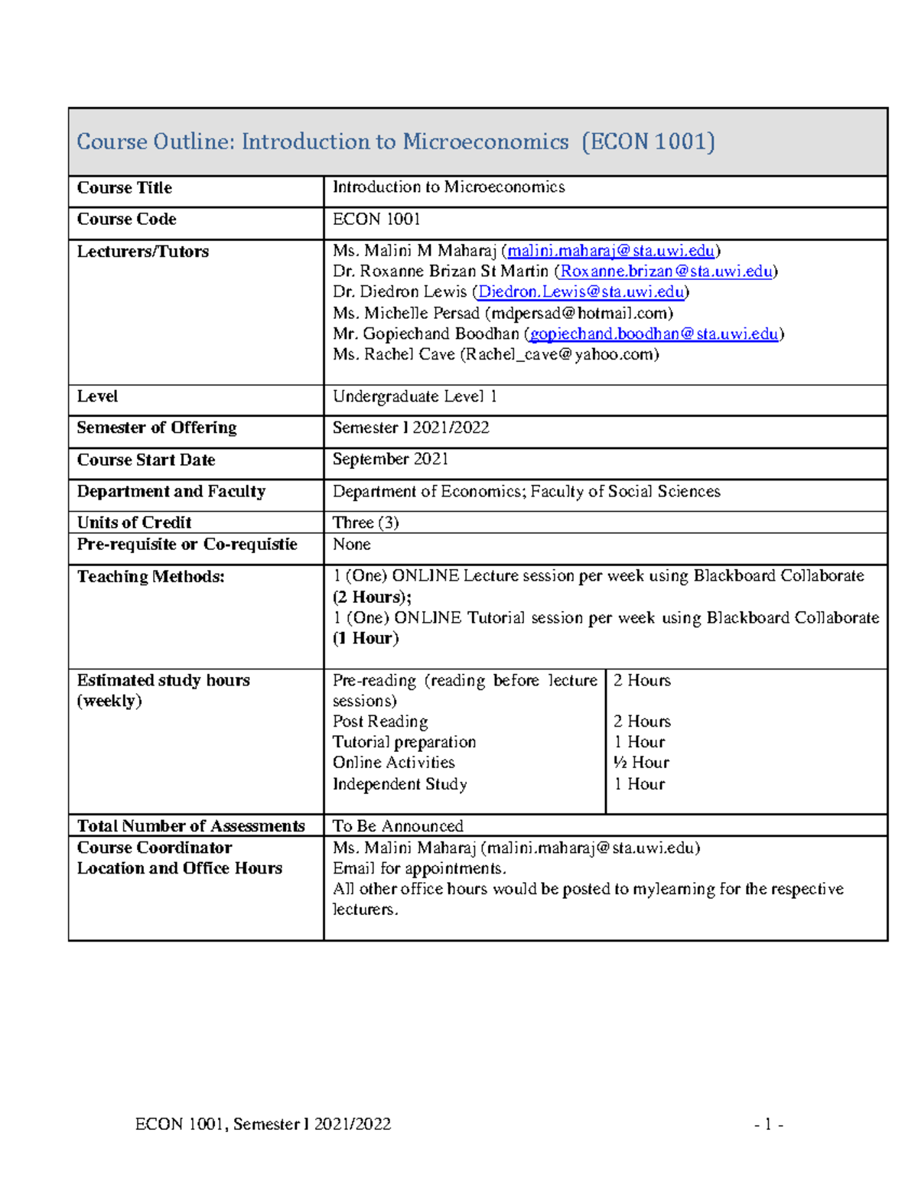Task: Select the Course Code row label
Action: pos(126,220)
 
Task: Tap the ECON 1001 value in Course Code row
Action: pos(376,220)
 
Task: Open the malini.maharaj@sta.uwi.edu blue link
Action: pos(610,251)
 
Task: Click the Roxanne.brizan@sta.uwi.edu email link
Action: pos(666,272)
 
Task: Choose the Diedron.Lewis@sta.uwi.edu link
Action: pos(581,292)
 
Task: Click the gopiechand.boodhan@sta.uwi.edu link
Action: pos(653,334)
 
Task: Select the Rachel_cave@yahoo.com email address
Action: pos(558,354)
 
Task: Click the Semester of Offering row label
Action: pos(157,428)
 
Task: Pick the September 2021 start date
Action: pos(390,459)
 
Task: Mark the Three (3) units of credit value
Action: pos(366,522)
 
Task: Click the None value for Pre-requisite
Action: pos(351,545)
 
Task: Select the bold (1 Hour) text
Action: pos(365,638)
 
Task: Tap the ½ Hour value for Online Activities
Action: pos(641,763)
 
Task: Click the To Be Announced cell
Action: pos(398,826)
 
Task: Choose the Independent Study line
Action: pos(399,784)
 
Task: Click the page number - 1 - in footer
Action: pos(768,1125)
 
